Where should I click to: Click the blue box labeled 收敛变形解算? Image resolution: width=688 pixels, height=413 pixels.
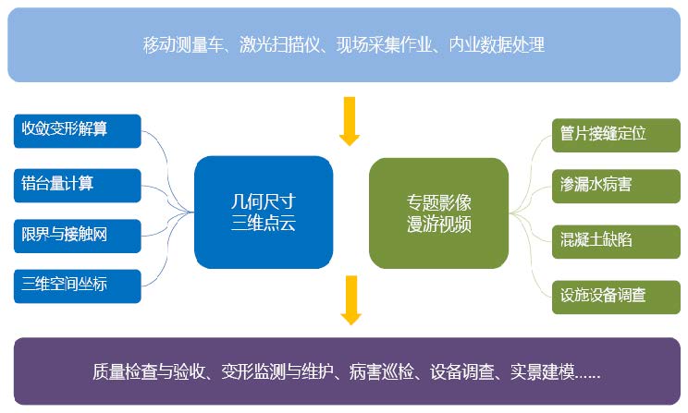tap(78, 131)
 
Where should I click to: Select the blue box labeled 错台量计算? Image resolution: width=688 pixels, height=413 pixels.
tap(78, 186)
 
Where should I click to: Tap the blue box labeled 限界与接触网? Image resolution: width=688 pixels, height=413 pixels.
tap(78, 236)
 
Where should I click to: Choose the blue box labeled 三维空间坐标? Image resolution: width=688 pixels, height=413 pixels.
tap(78, 286)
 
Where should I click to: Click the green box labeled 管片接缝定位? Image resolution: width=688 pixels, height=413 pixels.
tap(616, 136)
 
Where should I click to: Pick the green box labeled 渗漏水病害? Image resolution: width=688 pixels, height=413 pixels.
tap(616, 187)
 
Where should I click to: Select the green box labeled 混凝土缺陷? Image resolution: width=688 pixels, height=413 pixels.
tap(616, 241)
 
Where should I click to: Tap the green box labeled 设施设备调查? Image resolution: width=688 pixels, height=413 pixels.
tap(616, 298)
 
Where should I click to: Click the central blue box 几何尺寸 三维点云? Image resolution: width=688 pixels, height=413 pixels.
tap(264, 213)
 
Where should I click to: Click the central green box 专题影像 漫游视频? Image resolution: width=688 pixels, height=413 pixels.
tap(438, 213)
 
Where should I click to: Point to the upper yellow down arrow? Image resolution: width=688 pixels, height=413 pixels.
tap(350, 121)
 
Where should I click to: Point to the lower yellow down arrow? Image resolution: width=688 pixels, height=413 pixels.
tap(351, 300)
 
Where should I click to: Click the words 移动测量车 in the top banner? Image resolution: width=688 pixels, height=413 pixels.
tap(183, 44)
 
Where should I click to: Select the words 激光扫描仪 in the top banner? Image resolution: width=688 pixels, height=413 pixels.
tap(279, 44)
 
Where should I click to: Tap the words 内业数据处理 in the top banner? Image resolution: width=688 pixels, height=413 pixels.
tap(497, 44)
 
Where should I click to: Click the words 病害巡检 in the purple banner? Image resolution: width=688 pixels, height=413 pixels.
tap(381, 371)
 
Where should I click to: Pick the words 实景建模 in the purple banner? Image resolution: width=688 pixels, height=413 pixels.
tap(542, 371)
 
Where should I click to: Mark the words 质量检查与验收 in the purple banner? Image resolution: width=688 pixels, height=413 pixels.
tap(149, 371)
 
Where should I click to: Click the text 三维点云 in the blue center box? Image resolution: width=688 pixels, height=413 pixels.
tap(264, 224)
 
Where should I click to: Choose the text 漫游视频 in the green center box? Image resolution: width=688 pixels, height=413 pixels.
tap(438, 224)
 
